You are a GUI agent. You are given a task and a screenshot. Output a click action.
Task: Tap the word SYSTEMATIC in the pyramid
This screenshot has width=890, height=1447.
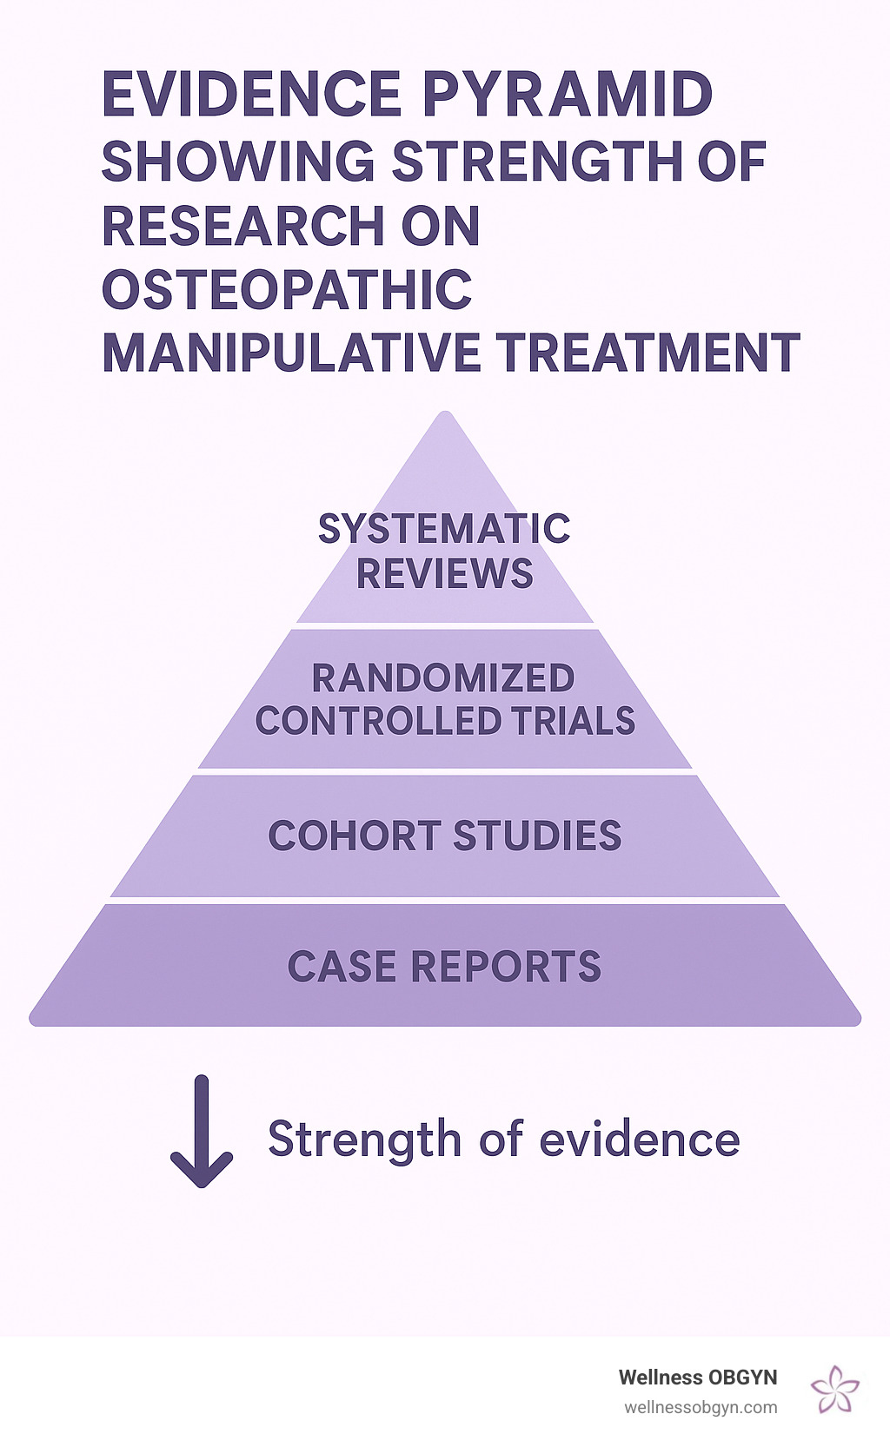444,529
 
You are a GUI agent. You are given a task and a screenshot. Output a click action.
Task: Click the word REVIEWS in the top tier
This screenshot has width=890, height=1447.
444,574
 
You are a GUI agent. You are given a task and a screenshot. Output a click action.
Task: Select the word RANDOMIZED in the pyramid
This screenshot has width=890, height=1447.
443,679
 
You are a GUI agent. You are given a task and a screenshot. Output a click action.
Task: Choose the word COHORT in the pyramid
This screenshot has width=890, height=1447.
355,836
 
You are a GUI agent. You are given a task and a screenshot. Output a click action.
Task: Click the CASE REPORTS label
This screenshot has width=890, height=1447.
444,968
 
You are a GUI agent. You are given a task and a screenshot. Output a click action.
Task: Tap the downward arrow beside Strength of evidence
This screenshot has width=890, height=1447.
202,1131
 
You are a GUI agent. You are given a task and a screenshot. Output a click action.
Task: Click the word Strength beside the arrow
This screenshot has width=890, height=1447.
364,1140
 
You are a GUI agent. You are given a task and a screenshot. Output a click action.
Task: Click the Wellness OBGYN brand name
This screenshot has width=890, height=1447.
697,1378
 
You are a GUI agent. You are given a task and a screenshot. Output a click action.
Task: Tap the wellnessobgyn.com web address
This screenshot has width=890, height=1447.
701,1408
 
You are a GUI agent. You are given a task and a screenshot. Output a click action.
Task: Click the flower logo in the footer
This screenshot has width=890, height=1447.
834,1389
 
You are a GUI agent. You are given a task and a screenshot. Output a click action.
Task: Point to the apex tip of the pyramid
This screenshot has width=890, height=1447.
445,415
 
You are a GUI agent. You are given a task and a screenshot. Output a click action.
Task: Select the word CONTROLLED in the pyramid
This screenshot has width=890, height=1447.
378,722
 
